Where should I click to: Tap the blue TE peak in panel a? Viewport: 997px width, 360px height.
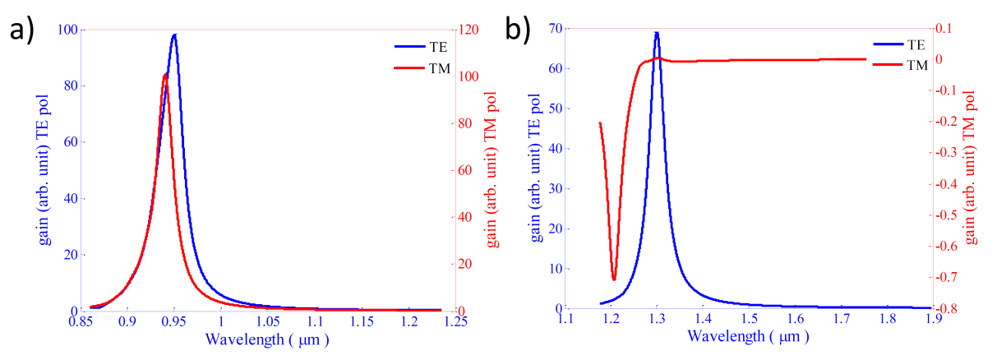(x=174, y=35)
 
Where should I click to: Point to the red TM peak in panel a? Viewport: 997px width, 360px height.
(x=165, y=76)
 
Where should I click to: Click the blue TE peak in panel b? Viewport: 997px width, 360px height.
(x=656, y=33)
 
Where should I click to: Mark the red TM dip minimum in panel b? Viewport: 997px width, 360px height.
(x=613, y=279)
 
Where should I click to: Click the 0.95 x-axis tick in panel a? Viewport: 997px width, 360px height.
(x=173, y=322)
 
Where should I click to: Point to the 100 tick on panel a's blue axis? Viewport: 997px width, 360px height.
(x=67, y=30)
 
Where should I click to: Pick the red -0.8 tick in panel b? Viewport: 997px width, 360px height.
(x=953, y=309)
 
